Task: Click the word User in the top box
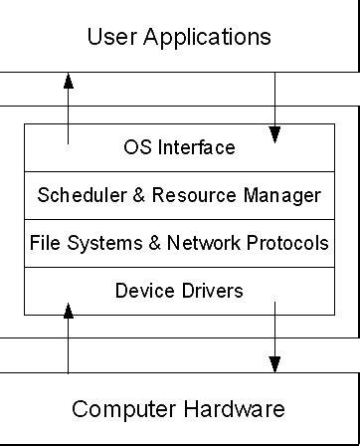pyautogui.click(x=110, y=38)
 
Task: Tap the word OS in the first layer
pyautogui.click(x=132, y=148)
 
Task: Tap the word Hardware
pyautogui.click(x=238, y=409)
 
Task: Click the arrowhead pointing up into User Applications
pyautogui.click(x=68, y=79)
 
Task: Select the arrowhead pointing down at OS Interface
pyautogui.click(x=275, y=133)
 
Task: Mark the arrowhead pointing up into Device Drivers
pyautogui.click(x=68, y=310)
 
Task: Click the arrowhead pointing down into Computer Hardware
pyautogui.click(x=275, y=363)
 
